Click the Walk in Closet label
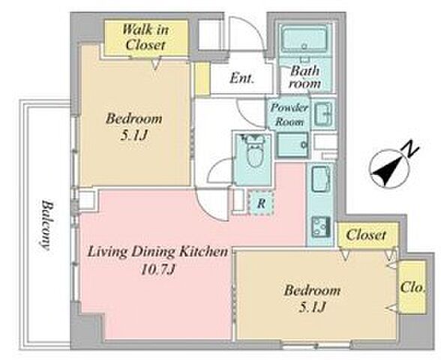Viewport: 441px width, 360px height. (145, 37)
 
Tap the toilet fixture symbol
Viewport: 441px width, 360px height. (255, 151)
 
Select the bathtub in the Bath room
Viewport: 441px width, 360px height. (304, 39)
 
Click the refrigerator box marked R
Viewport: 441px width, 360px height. (261, 202)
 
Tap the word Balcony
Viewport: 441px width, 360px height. (45, 225)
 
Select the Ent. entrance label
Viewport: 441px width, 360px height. (241, 78)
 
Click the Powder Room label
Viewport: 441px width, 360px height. (289, 115)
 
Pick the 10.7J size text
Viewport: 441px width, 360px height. (157, 270)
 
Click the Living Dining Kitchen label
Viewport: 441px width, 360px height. (157, 252)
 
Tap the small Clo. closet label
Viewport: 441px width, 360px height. (412, 287)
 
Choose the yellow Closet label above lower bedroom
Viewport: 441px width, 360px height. (366, 235)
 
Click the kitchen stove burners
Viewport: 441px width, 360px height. (321, 227)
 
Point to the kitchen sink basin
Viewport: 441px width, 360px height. (321, 179)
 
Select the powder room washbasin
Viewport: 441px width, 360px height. (323, 114)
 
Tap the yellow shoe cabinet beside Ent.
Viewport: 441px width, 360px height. (202, 79)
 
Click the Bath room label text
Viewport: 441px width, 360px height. (304, 76)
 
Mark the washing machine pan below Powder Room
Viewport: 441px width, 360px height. (292, 145)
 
